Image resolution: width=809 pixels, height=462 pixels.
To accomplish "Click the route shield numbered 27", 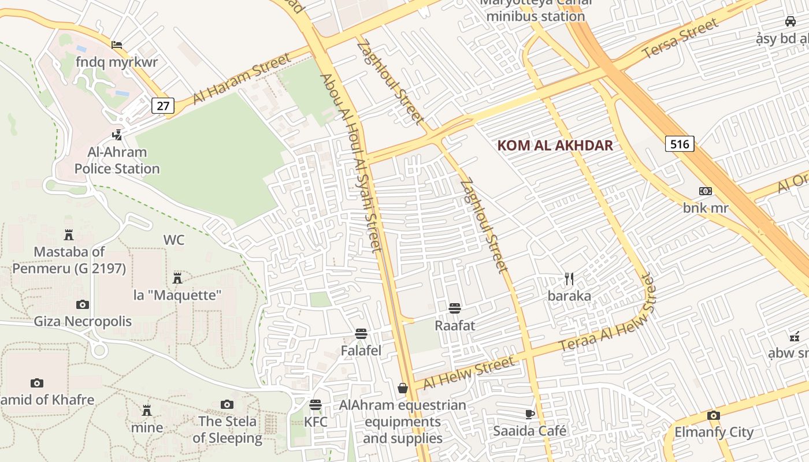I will (164, 106).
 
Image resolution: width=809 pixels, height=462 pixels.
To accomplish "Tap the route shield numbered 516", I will (680, 144).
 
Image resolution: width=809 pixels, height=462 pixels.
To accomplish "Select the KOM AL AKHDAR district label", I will (555, 146).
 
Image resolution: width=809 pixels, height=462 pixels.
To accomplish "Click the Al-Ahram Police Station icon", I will (117, 135).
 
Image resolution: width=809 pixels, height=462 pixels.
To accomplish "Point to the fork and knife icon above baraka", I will (569, 279).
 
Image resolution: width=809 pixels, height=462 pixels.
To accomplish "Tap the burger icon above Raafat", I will (455, 308).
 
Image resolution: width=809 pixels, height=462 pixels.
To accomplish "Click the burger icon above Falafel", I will (361, 333).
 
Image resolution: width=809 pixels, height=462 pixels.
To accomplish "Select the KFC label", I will (316, 422).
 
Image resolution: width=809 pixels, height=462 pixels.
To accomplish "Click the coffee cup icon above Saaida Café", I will (530, 413).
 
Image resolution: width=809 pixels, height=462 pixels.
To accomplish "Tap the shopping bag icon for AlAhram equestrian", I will (403, 388).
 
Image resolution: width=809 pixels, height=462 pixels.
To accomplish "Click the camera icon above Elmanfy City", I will (714, 415).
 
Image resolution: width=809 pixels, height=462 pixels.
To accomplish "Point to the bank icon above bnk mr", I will (706, 191).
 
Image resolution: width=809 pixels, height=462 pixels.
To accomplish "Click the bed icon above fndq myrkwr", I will (117, 44).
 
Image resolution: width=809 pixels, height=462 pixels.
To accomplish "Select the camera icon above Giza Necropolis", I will (83, 304).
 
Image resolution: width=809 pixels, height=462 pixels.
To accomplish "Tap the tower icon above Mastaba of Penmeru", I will (69, 234).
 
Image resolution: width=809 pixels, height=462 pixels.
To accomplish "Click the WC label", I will (174, 240).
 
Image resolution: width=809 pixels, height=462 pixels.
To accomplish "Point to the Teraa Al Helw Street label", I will (608, 314).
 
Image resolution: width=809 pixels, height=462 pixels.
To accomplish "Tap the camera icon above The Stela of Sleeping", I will (227, 405).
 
